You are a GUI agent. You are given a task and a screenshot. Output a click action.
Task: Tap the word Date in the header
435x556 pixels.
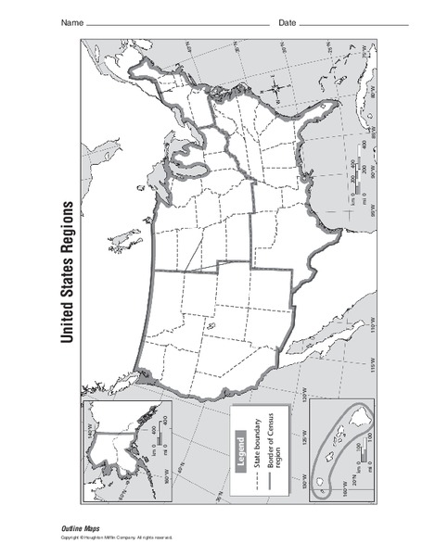[x=287, y=21]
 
